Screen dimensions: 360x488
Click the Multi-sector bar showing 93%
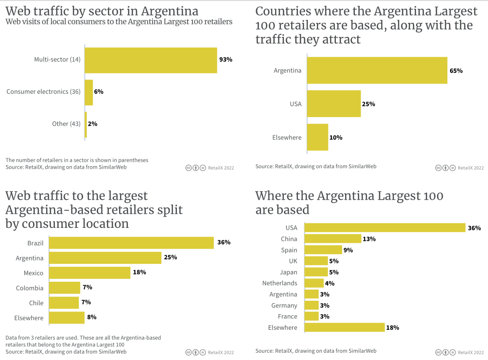tap(151, 60)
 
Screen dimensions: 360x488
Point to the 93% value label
tap(226, 60)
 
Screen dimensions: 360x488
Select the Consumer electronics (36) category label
tap(43, 92)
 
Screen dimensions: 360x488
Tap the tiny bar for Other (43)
tap(86, 124)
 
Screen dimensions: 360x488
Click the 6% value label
tap(99, 92)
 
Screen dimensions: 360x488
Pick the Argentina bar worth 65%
tap(377, 70)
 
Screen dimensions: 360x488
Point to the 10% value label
tap(336, 137)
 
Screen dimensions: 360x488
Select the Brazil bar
tap(131, 243)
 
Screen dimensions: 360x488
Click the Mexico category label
tap(34, 273)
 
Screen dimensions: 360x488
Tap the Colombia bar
tap(65, 288)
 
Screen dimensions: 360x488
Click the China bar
tap(332, 239)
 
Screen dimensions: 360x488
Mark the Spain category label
tap(289, 250)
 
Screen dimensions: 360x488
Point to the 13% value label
tap(369, 239)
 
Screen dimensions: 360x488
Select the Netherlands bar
tap(314, 283)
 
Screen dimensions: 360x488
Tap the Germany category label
tap(284, 306)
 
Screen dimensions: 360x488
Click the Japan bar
tap(316, 272)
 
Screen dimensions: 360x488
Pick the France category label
tap(287, 317)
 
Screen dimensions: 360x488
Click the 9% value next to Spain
tap(348, 250)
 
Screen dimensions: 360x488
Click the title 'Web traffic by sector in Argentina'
tap(102, 11)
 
